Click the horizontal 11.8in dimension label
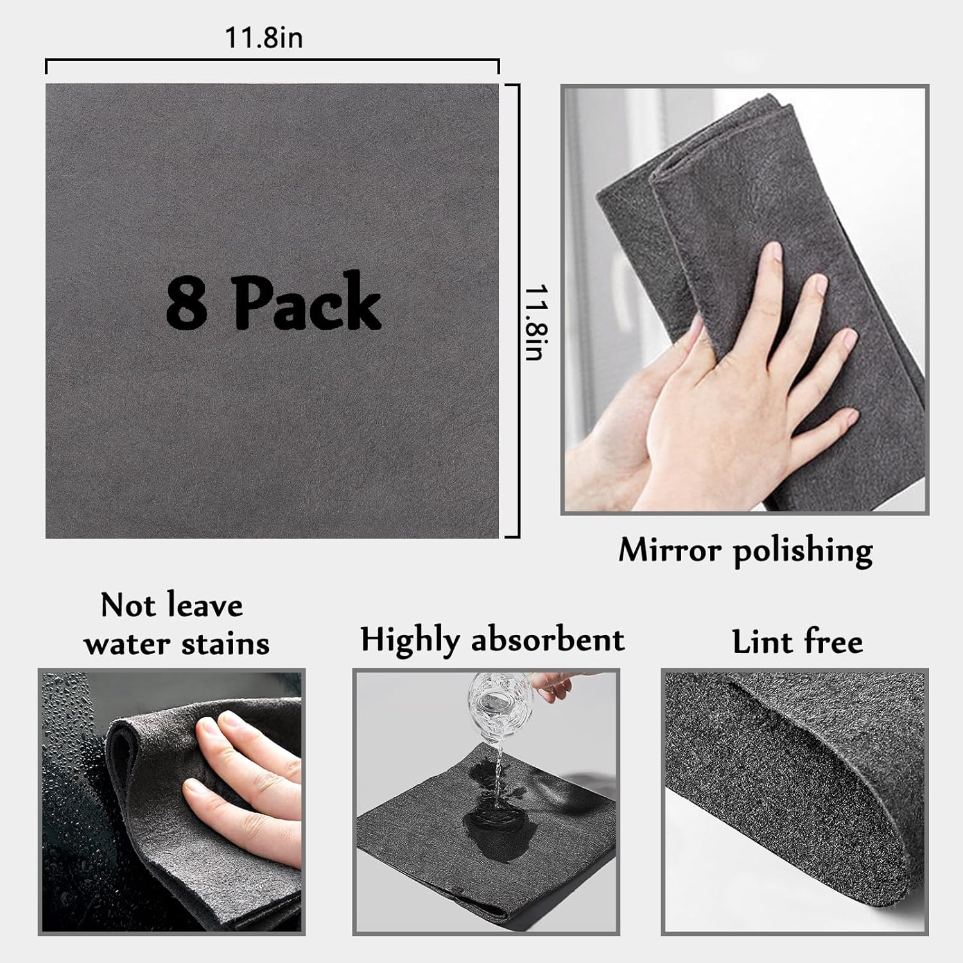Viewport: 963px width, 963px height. click(263, 38)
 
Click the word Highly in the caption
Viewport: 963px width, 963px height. click(410, 641)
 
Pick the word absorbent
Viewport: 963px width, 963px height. click(548, 639)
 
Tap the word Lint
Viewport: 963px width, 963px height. click(762, 641)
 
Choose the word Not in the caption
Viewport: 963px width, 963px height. click(125, 605)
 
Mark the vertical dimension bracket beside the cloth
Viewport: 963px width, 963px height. click(512, 311)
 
